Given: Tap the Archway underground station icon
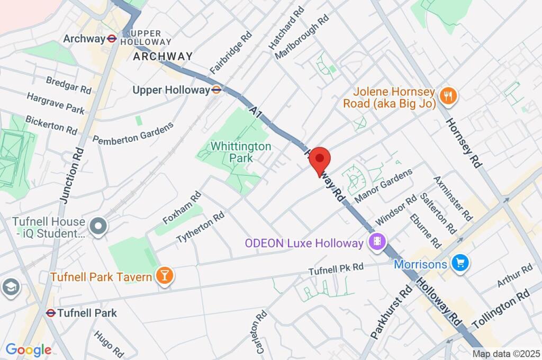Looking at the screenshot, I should pyautogui.click(x=112, y=39).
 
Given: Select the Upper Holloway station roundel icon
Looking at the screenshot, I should pyautogui.click(x=216, y=90).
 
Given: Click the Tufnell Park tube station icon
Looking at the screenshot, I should pyautogui.click(x=51, y=313).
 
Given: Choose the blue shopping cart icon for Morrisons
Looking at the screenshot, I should pyautogui.click(x=459, y=263).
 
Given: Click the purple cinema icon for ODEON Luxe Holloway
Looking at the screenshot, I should pyautogui.click(x=376, y=243).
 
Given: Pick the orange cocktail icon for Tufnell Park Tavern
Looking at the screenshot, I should pyautogui.click(x=165, y=276).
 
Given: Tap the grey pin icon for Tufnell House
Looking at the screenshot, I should pyautogui.click(x=98, y=227).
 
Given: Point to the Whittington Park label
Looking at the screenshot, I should pyautogui.click(x=241, y=152).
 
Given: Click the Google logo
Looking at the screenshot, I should pyautogui.click(x=29, y=350).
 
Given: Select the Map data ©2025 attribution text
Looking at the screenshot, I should pyautogui.click(x=506, y=354).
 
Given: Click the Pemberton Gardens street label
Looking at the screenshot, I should pyautogui.click(x=133, y=133).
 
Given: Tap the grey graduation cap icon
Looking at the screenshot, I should pyautogui.click(x=10, y=287).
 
